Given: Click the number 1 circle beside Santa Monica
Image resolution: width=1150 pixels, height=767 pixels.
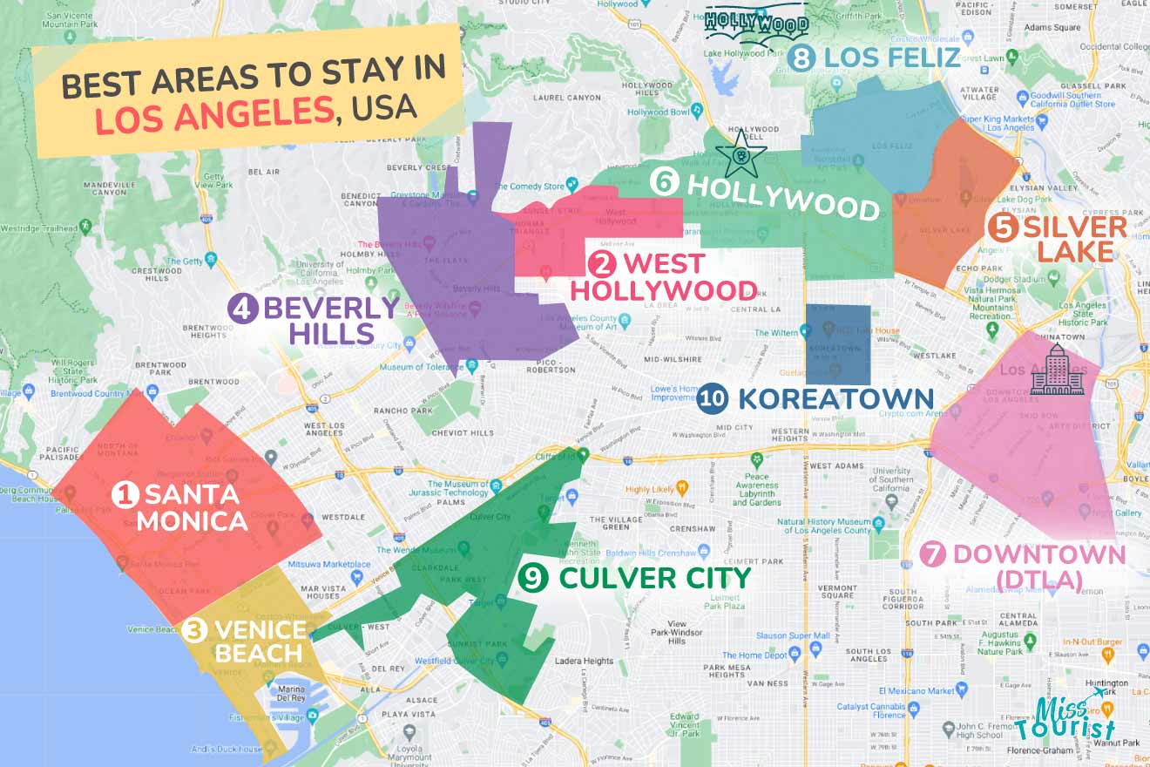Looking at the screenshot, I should (125, 495).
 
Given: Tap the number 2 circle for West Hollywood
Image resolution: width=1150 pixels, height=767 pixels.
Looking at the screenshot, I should (600, 263).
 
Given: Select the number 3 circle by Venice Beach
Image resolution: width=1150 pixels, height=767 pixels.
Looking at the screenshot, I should (195, 630).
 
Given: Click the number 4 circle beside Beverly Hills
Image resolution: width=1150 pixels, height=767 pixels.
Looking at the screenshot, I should (243, 309).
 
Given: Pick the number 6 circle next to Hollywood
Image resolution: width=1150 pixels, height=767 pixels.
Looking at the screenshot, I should (664, 181).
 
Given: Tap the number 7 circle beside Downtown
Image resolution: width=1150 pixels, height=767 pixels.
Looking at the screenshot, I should (933, 554).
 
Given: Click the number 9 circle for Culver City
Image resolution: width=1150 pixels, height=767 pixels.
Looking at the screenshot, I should (531, 577).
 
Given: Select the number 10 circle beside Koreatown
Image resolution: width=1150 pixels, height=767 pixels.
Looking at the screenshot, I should (713, 399).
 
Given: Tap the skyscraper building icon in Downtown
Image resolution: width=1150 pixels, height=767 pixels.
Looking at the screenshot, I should (1055, 370).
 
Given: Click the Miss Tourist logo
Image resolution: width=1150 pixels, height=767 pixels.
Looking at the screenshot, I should (1077, 716).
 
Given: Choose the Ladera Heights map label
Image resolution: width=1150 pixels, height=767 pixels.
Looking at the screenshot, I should (585, 661).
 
